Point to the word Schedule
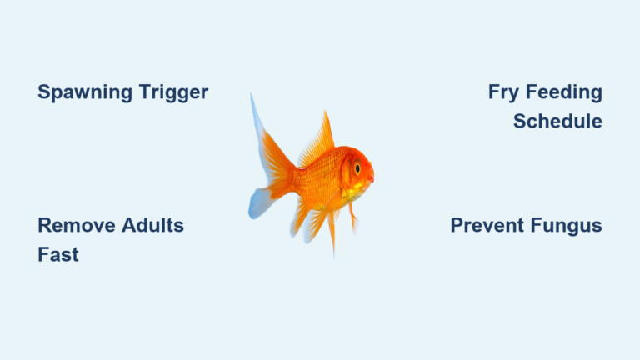coord(557,122)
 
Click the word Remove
coord(70,225)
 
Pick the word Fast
coord(58,254)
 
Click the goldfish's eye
coord(357,167)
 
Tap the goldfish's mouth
coord(371,177)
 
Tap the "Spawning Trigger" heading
coord(122,92)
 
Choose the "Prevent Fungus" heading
coord(526,225)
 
